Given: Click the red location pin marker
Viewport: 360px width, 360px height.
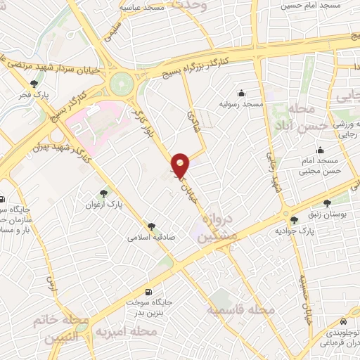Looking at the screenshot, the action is click(x=181, y=165).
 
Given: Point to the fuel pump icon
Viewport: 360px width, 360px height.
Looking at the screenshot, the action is click(x=148, y=292).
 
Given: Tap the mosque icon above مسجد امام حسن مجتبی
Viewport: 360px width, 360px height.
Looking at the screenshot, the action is click(x=321, y=149).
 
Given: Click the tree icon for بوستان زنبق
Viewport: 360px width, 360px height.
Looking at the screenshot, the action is click(x=326, y=202).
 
